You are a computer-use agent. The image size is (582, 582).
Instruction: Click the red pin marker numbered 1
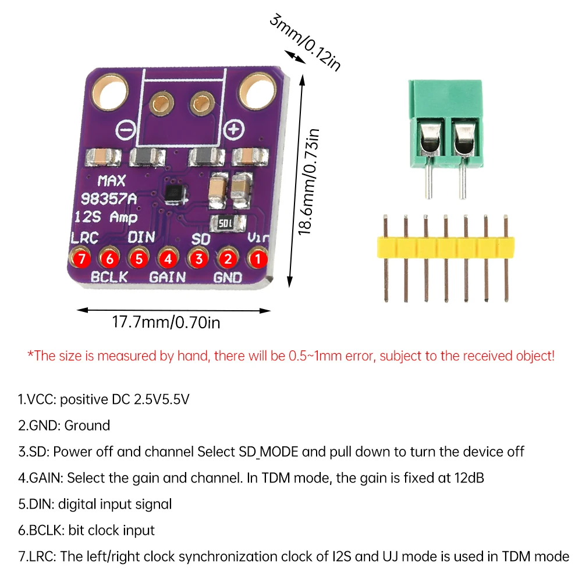258,257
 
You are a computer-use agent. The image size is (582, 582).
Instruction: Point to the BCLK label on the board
108,277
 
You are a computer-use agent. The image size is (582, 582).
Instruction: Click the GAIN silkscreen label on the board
168,277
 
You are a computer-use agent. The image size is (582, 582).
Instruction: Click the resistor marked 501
226,222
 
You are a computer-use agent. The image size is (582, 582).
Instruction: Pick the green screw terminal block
447,125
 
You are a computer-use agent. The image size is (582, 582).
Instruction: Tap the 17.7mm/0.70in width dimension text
166,322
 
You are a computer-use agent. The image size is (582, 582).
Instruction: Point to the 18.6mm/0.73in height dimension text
311,181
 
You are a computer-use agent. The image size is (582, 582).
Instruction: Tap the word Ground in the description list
87,425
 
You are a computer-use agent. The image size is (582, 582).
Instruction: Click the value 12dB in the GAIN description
467,478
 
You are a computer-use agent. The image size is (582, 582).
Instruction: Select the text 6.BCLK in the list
41,530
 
